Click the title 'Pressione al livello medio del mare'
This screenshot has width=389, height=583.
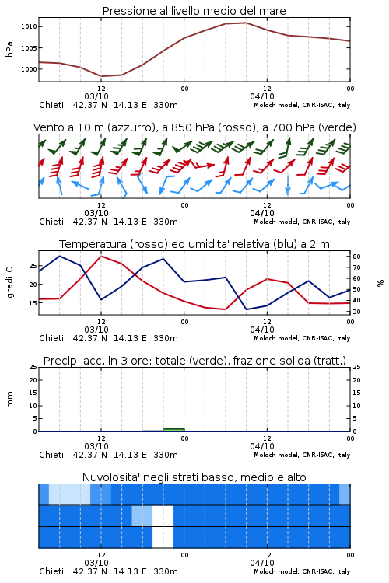pyautogui.click(x=194, y=11)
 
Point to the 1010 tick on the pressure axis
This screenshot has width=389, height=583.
pyautogui.click(x=29, y=26)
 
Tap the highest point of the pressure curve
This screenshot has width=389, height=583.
pyautogui.click(x=246, y=23)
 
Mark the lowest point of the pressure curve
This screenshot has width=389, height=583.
pyautogui.click(x=101, y=76)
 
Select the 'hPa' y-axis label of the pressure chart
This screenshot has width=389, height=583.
pyautogui.click(x=9, y=49)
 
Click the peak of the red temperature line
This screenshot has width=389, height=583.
pyautogui.click(x=101, y=256)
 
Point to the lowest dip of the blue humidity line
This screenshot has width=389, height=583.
pyautogui.click(x=246, y=309)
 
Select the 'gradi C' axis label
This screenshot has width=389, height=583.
pyautogui.click(x=9, y=283)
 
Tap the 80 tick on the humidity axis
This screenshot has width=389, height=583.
pyautogui.click(x=356, y=257)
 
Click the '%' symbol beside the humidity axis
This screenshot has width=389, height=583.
pyautogui.click(x=380, y=283)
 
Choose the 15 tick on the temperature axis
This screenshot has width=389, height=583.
pyautogui.click(x=33, y=302)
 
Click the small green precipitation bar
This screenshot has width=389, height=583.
pyautogui.click(x=173, y=430)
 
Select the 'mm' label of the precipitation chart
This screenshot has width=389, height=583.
pyautogui.click(x=9, y=400)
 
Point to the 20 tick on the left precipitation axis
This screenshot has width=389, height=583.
pyautogui.click(x=33, y=380)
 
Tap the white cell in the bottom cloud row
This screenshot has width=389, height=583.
pyautogui.click(x=163, y=537)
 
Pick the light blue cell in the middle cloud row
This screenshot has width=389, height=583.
pyautogui.click(x=142, y=515)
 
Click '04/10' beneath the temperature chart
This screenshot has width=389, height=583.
pyautogui.click(x=262, y=330)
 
